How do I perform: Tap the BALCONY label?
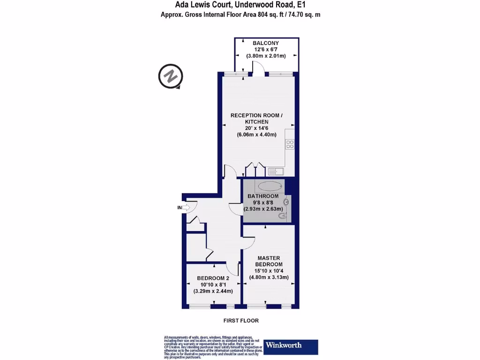coord(266,43)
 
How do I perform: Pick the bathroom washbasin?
coord(286,202)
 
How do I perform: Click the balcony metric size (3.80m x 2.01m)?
coord(266,56)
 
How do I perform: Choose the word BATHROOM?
coord(263,196)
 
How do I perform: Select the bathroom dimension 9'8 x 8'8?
coord(263,202)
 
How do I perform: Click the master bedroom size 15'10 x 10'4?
coord(269,271)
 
